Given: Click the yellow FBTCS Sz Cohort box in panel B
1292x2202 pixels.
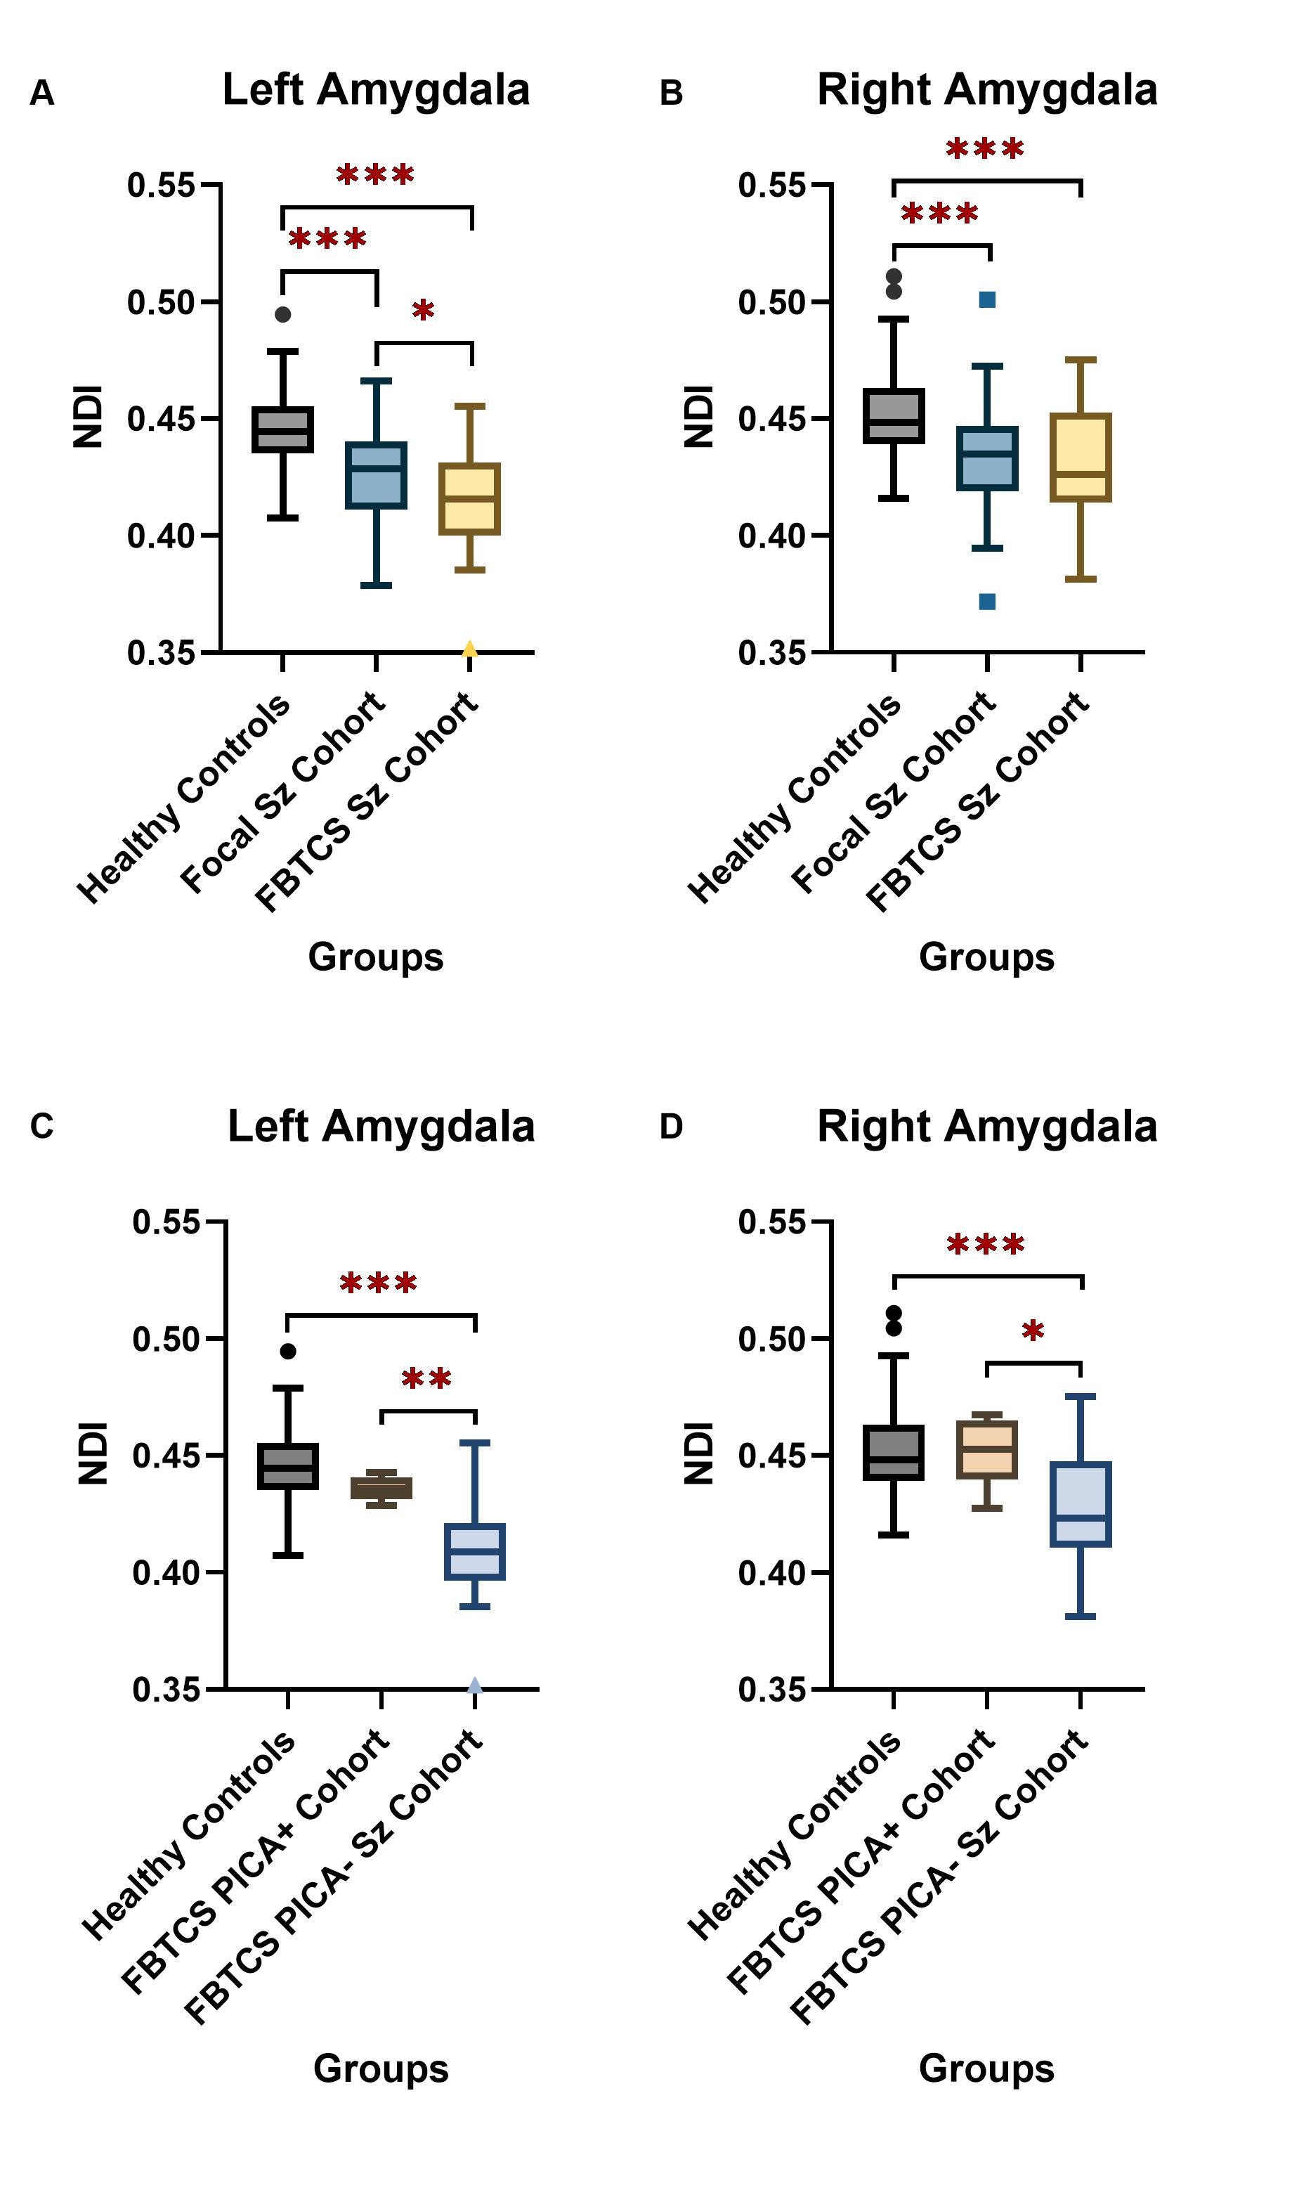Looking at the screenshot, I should (1081, 457).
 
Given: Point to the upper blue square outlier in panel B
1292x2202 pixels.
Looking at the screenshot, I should (987, 299).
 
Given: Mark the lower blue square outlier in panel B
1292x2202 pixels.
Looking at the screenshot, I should (987, 601).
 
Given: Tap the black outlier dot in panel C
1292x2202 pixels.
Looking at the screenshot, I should (288, 1351).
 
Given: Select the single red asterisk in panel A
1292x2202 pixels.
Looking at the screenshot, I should (424, 310).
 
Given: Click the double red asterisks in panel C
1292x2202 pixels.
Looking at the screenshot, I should (426, 1380).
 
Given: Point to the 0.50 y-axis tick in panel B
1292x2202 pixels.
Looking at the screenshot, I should (819, 302).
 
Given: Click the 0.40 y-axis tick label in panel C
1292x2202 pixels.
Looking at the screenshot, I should (166, 1573).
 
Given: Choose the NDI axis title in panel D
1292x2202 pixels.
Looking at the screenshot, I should (699, 1454).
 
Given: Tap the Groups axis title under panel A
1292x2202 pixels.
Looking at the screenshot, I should (376, 957).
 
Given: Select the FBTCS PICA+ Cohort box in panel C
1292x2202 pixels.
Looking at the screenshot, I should (381, 1488).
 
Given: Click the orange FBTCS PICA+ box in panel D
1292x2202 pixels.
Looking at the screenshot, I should (987, 1450).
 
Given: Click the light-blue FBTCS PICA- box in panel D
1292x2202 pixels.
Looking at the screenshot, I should (1081, 1505).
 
